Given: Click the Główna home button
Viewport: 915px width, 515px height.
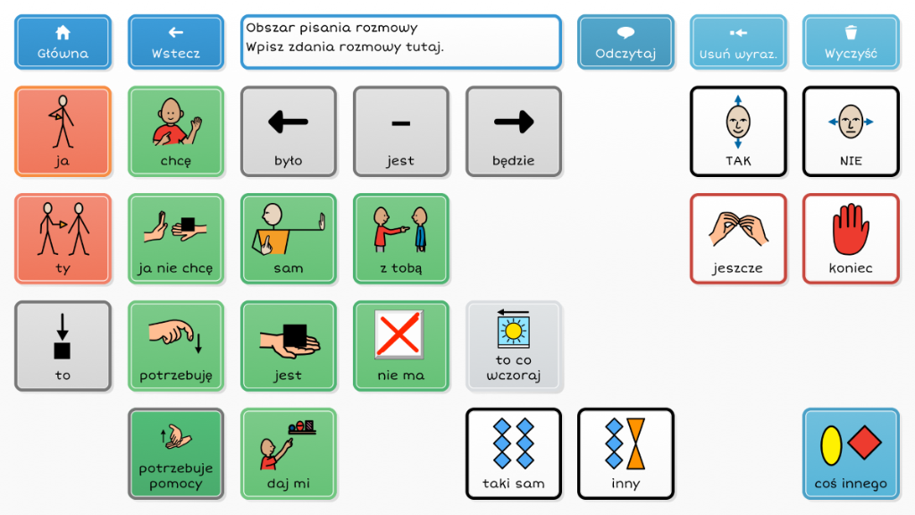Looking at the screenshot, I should coord(63,42).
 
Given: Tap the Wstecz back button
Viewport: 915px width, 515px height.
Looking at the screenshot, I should coord(175,42).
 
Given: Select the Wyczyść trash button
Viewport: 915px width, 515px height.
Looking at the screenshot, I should coord(851,42).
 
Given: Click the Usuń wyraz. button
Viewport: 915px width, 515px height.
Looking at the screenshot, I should coord(738,42).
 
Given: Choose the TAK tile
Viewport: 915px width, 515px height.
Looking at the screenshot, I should coord(738,131).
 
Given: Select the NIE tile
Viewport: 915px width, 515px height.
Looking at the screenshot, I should coord(851,131).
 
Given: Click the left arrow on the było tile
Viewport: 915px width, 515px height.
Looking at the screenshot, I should coord(288,122).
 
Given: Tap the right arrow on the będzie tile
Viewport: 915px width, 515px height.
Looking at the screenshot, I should coord(513,122).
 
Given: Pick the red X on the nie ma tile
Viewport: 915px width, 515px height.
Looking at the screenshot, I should coord(400,334).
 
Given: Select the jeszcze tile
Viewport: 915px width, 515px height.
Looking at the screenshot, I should coord(738,239).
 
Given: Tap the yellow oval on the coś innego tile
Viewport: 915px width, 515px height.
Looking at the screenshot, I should coord(831,446).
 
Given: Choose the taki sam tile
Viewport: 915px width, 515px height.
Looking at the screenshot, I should coord(513,453).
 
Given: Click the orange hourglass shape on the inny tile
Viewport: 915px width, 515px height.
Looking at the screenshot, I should coord(636,445).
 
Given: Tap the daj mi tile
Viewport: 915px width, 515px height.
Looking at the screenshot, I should coord(288,453).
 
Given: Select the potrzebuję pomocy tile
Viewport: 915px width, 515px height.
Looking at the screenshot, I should coord(175,453).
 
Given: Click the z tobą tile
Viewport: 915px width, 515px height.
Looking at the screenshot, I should coord(400,239).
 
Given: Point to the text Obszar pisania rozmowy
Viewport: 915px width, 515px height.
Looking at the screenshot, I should coord(331,28).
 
